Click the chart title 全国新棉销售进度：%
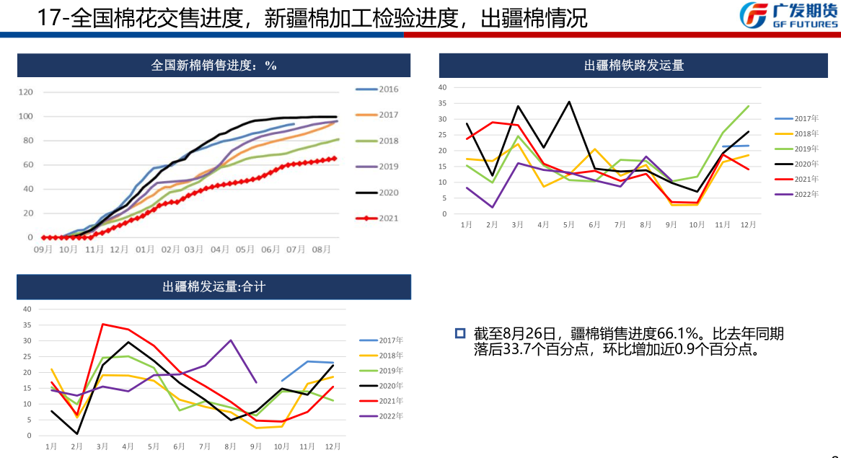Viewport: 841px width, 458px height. (x=214, y=66)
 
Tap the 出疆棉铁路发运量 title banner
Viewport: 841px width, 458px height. (x=633, y=66)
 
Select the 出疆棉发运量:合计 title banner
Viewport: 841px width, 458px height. (x=214, y=287)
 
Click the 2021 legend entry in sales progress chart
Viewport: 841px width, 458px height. (x=377, y=218)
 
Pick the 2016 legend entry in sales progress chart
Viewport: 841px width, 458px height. (x=377, y=89)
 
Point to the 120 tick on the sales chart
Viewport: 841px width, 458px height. (x=26, y=92)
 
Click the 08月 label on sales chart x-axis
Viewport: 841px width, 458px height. (x=322, y=250)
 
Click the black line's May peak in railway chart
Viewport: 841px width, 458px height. (x=569, y=102)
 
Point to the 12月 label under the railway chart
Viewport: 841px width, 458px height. (x=748, y=225)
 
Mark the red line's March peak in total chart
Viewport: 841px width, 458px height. (x=102, y=324)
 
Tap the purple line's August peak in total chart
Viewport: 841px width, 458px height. (x=231, y=340)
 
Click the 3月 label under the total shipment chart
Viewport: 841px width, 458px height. (x=102, y=447)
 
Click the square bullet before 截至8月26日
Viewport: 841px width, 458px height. (x=459, y=333)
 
